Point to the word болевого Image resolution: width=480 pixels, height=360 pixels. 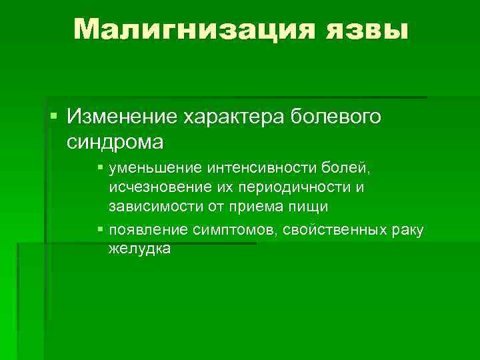tap(337, 118)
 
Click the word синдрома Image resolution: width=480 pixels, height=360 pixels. tap(115, 142)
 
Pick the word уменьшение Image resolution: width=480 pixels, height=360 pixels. tap(154, 169)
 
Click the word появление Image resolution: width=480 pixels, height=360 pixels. tap(146, 230)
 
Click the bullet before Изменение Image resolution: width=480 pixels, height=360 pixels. tap(53, 117)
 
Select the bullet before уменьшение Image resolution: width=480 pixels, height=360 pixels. tap(100, 169)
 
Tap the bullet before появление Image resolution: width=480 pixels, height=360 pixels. tap(100, 230)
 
